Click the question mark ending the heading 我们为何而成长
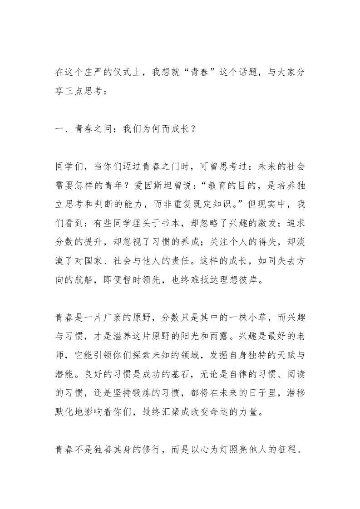tap(193, 129)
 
